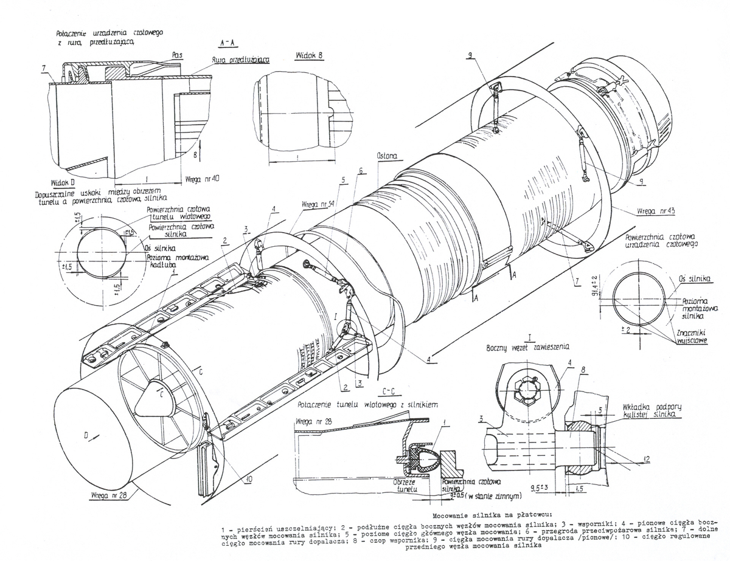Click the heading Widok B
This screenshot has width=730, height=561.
click(x=308, y=55)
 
